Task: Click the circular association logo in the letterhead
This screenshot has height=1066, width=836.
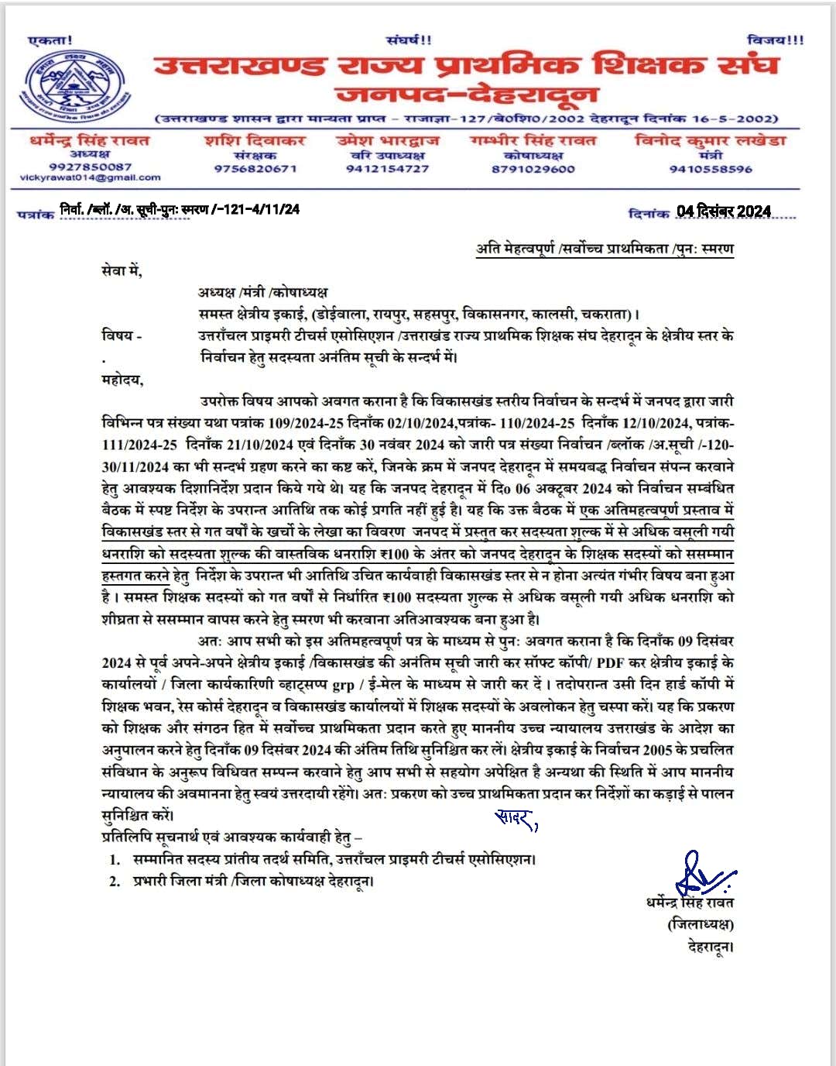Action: point(74,86)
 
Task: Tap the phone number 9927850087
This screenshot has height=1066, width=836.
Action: point(90,167)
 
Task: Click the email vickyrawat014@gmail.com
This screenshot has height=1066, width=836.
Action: point(90,177)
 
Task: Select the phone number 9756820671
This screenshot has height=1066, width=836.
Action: point(255,168)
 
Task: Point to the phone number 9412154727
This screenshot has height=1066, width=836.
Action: point(387,168)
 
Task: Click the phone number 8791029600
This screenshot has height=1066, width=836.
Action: point(533,168)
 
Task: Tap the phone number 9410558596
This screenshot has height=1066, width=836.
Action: point(710,169)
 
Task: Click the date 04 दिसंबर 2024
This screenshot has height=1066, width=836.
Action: point(723,211)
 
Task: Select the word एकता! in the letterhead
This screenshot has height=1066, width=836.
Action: point(50,40)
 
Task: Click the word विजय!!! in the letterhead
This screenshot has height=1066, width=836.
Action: point(775,40)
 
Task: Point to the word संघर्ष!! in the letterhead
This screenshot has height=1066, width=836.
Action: point(409,40)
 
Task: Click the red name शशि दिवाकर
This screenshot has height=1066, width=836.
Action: point(255,141)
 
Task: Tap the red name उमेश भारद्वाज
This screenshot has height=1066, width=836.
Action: point(387,141)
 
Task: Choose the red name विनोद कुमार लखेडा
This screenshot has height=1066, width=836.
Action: point(710,140)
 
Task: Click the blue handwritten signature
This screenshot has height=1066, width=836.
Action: point(701,875)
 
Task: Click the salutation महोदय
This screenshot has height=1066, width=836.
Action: point(122,380)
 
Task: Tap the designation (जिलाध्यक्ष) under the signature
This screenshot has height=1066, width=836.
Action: point(700,923)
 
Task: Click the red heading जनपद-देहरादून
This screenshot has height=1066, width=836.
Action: point(467,95)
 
